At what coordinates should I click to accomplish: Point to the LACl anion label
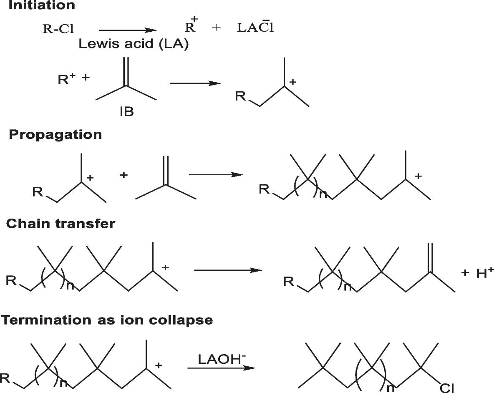tap(255, 28)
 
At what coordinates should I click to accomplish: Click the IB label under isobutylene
tap(126, 111)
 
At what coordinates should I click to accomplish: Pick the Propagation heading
tap(55, 135)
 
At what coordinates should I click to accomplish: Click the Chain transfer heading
tap(60, 224)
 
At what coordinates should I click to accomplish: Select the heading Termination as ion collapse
tap(107, 320)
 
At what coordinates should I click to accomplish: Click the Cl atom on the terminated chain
tap(447, 387)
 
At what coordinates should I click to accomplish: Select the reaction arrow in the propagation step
tap(216, 174)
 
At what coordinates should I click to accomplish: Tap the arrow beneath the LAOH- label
tap(221, 368)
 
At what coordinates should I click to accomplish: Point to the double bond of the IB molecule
tap(126, 71)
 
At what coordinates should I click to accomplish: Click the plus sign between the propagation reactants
tap(123, 175)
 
